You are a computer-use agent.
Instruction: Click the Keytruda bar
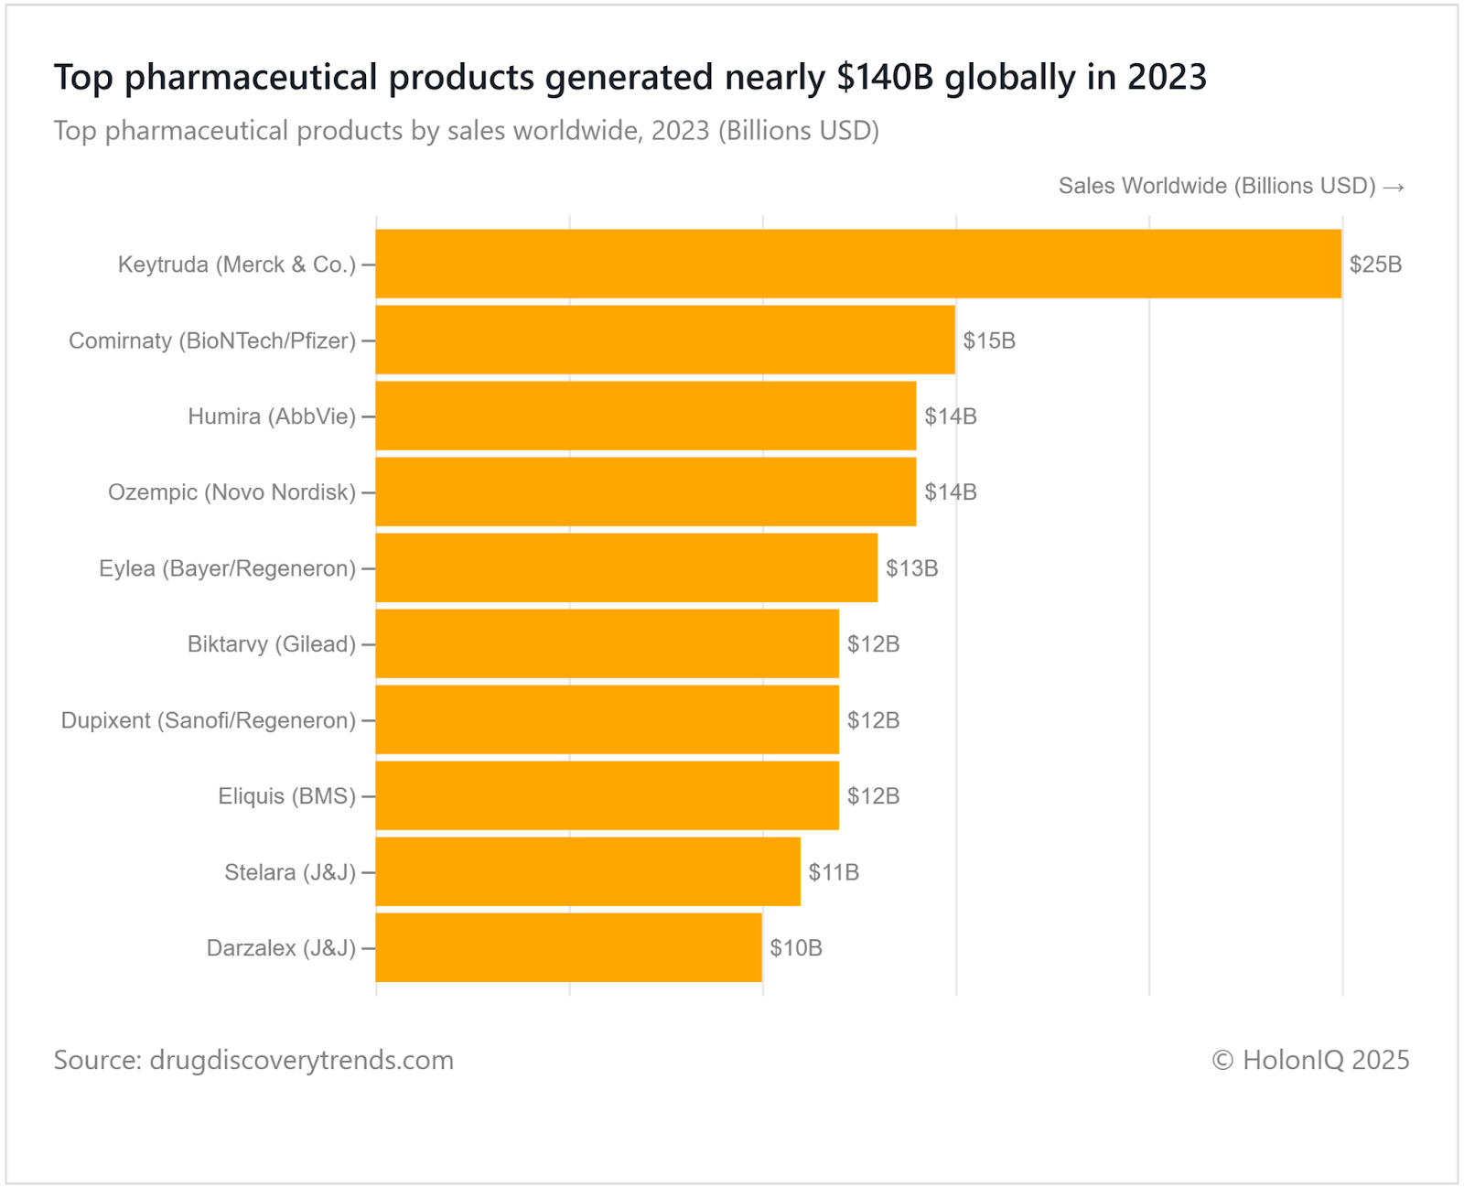pos(858,264)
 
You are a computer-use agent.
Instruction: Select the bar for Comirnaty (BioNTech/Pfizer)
pos(665,340)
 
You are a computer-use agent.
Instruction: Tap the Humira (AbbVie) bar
pos(646,416)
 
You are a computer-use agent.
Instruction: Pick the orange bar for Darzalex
pos(568,947)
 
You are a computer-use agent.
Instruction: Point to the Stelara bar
pos(587,871)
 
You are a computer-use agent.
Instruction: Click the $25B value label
pos(1375,265)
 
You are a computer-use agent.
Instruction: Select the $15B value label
pos(989,340)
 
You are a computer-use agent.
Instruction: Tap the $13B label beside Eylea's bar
pos(911,568)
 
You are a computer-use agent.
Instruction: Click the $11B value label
pos(834,872)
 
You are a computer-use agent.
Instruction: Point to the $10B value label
pos(795,948)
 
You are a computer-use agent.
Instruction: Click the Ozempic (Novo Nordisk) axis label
pos(231,492)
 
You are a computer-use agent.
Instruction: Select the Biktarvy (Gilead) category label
pos(271,644)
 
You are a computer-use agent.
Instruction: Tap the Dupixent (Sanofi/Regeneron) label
pos(208,720)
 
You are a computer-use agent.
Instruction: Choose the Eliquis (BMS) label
pos(286,796)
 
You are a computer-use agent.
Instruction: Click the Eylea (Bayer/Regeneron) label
pos(227,568)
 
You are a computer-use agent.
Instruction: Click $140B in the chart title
pos(885,78)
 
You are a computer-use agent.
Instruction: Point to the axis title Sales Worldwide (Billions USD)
pos(1217,186)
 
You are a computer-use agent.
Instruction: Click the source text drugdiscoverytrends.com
pos(301,1060)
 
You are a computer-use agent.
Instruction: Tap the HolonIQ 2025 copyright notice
pos(1310,1060)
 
